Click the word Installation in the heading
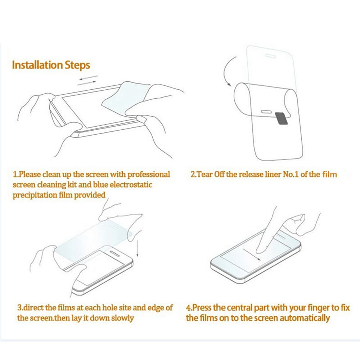tap(37, 65)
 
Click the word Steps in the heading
tap(77, 65)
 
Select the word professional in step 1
tap(149, 175)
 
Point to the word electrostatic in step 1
tap(131, 185)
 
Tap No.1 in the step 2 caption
tap(291, 174)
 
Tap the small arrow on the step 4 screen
tap(252, 255)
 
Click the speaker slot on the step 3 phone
tap(114, 253)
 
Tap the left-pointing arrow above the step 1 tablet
tap(89, 78)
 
